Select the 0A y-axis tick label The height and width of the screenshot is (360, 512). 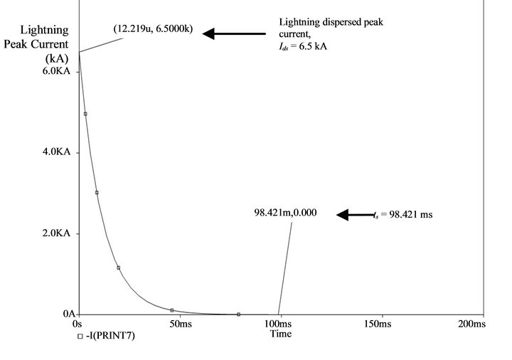coord(70,314)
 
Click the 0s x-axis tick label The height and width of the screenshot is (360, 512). coord(79,324)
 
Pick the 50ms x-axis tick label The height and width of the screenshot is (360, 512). coord(180,324)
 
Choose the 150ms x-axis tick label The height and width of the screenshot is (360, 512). coord(383,324)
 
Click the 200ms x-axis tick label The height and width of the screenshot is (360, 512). coord(471,324)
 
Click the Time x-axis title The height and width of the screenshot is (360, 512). coord(281,334)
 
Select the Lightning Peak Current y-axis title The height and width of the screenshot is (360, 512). coord(45,44)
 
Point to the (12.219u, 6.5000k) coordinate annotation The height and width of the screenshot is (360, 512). coord(152,29)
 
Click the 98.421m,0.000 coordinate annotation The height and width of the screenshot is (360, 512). coord(285,212)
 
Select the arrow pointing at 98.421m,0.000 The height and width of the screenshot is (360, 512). coord(355,214)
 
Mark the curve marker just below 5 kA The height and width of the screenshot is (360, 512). coord(85,114)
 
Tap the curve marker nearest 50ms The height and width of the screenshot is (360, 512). coord(172,310)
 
